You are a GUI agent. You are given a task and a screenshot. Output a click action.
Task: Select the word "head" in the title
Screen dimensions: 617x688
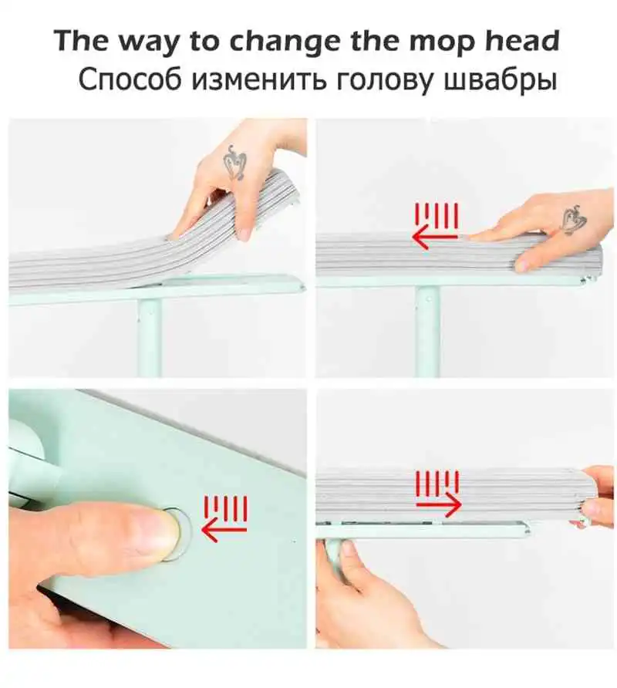pyautogui.click(x=523, y=40)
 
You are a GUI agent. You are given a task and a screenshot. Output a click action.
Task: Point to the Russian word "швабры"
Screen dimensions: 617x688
pyautogui.click(x=500, y=80)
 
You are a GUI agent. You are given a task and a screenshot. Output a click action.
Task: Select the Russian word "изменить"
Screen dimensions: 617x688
pyautogui.click(x=259, y=80)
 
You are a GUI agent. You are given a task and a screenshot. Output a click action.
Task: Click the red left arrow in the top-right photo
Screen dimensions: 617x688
pyautogui.click(x=434, y=238)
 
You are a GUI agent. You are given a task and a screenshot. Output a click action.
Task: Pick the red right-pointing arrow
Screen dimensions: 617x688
pyautogui.click(x=438, y=504)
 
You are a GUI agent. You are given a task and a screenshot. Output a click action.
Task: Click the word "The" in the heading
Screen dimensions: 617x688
pyautogui.click(x=81, y=41)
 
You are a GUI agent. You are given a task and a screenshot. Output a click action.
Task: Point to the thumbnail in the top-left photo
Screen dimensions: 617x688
pyautogui.click(x=243, y=234)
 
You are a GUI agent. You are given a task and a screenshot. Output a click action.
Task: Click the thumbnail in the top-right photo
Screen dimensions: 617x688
pyautogui.click(x=523, y=265)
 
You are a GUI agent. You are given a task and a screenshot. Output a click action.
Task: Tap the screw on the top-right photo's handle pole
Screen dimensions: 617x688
pyautogui.click(x=428, y=299)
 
